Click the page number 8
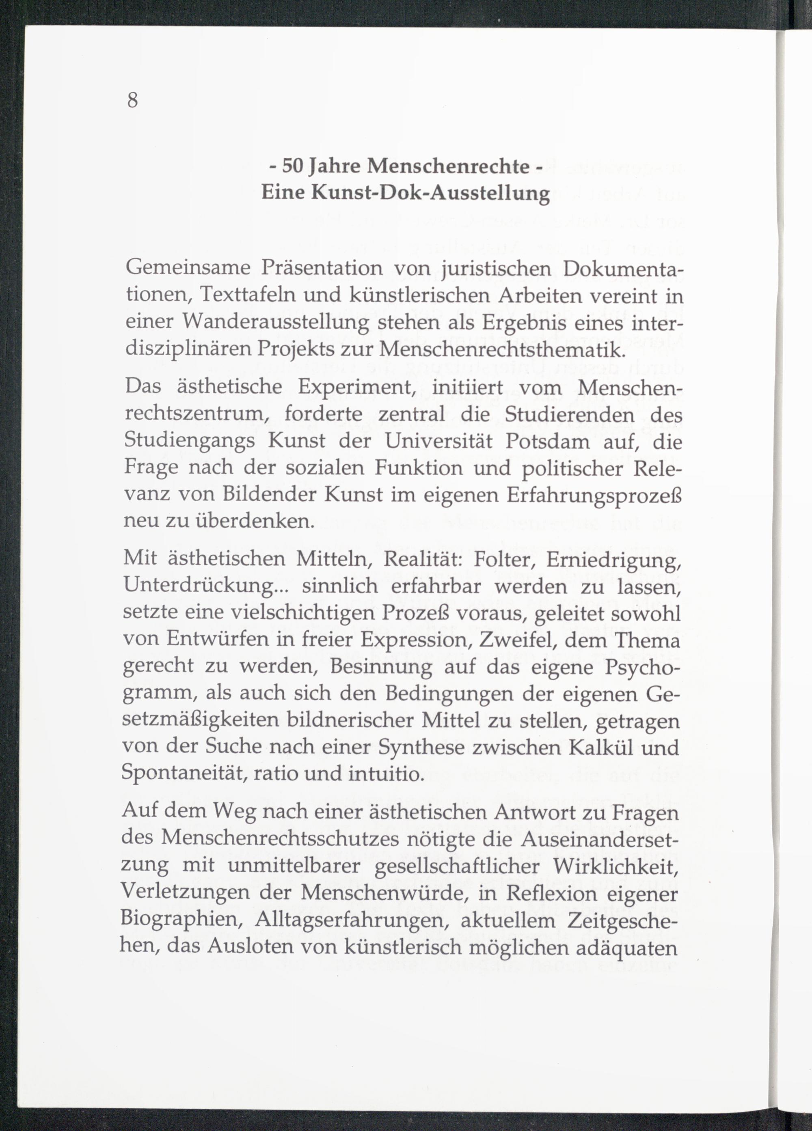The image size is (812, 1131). point(132,100)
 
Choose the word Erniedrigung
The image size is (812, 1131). point(614,560)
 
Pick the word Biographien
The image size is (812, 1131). point(182,920)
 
